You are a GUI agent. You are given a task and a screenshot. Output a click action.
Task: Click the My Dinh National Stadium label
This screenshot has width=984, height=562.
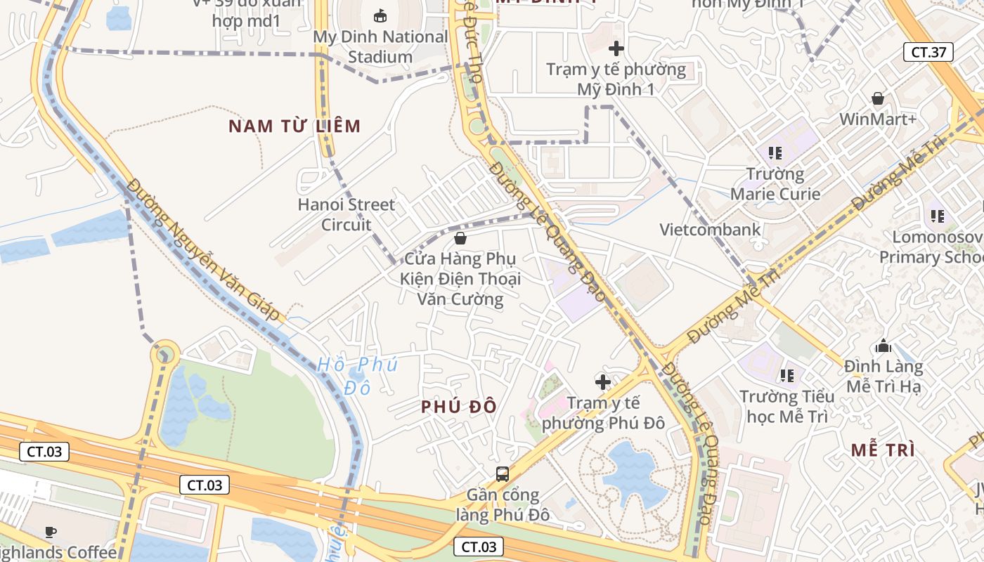(x=380, y=46)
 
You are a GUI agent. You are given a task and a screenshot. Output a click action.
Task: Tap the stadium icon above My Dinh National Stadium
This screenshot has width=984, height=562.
(x=380, y=15)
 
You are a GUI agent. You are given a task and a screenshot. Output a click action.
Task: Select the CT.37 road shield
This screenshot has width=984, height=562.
(x=928, y=52)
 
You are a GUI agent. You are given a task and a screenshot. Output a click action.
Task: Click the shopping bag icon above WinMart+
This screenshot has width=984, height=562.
(x=878, y=98)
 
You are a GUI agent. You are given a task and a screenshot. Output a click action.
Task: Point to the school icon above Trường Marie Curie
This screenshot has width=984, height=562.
(x=775, y=152)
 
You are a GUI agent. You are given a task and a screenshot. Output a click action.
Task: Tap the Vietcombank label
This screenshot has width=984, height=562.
(x=710, y=229)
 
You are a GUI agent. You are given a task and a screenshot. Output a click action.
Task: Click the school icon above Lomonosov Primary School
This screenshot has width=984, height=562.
(x=937, y=216)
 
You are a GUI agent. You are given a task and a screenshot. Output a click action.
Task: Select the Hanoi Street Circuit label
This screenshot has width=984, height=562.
(x=347, y=214)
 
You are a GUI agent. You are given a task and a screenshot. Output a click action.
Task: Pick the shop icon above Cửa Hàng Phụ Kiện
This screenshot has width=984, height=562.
(x=460, y=238)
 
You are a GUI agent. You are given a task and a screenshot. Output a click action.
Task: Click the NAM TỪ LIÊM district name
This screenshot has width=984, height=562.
(x=294, y=126)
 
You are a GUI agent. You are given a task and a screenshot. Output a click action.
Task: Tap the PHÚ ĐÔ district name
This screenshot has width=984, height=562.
(x=459, y=407)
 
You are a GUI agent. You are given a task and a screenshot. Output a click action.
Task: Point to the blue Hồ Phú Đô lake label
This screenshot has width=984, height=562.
(x=357, y=375)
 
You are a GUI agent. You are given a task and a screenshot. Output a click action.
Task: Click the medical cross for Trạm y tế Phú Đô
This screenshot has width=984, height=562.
(x=603, y=382)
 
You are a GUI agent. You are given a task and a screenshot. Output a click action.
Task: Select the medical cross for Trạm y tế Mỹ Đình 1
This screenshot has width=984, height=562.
(x=616, y=48)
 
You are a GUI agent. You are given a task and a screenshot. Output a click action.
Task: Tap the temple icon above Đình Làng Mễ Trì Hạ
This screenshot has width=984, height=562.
(x=883, y=346)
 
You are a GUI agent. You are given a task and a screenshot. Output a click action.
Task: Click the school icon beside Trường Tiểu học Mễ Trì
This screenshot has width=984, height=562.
(x=786, y=376)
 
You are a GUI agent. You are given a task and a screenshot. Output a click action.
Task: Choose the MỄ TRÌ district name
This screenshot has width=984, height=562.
(x=883, y=450)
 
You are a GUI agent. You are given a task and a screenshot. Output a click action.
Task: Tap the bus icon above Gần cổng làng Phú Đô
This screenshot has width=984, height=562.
(x=503, y=473)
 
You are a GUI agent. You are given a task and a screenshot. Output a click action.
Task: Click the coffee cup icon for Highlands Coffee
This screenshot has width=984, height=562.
(x=50, y=532)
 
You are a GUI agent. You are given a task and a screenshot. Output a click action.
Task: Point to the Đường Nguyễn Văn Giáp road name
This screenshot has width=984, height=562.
(x=204, y=249)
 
